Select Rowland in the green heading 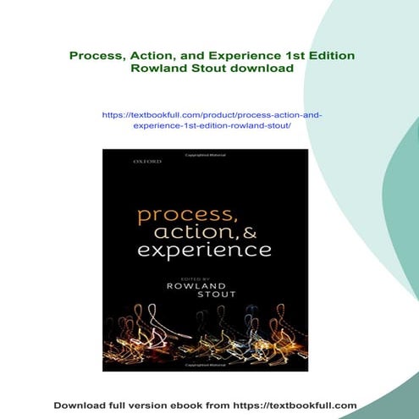[158, 69]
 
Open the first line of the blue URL [212, 113]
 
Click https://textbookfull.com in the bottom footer [297, 405]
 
